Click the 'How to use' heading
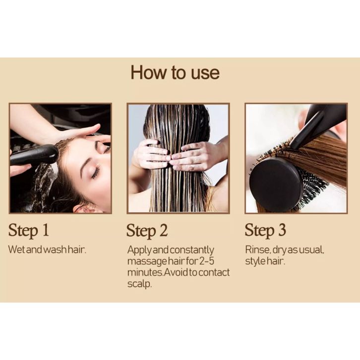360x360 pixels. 175,72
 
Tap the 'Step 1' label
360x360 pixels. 29,230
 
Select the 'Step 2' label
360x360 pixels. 147,231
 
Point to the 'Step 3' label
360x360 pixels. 265,230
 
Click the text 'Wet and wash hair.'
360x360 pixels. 47,249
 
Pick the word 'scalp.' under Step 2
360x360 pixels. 140,284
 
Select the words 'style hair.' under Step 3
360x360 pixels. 265,261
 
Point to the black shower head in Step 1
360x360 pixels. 34,155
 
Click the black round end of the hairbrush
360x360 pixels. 275,181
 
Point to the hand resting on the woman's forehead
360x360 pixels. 76,133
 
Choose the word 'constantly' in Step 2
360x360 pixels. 192,250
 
